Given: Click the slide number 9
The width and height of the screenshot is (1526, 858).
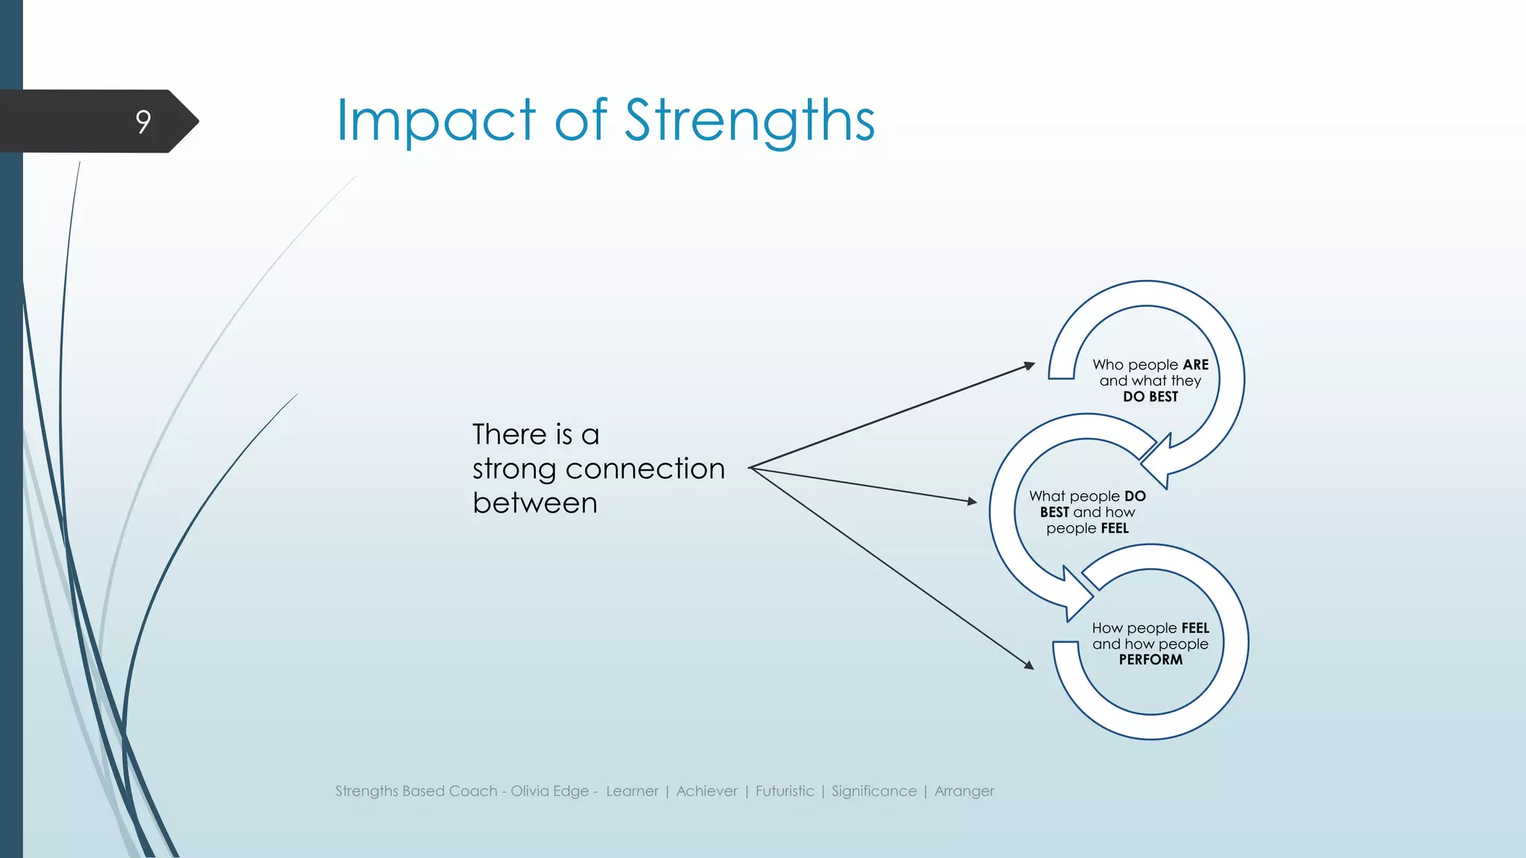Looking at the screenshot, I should (x=143, y=121).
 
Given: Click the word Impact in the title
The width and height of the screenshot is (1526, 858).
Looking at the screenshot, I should (x=435, y=121).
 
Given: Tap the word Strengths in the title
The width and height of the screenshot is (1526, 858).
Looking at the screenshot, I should (x=749, y=121).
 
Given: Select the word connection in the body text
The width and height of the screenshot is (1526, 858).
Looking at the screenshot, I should (x=645, y=468).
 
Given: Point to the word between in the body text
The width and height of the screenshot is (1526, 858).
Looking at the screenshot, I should (x=534, y=503).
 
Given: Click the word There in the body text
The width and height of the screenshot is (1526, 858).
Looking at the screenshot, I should (x=510, y=434).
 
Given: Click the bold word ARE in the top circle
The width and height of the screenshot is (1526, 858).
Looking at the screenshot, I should (x=1195, y=365).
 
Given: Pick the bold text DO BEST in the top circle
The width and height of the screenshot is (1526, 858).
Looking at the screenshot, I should (x=1150, y=397).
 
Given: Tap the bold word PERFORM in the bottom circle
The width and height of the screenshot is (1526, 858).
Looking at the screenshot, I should (x=1150, y=660).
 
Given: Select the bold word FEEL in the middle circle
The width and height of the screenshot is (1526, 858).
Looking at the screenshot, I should (x=1115, y=529).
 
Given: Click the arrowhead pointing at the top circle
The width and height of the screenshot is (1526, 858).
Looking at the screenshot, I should (x=1030, y=365).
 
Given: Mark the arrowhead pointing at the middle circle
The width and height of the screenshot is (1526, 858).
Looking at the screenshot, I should (x=972, y=502).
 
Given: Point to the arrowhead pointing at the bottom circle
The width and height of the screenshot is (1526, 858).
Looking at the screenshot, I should (x=1029, y=664).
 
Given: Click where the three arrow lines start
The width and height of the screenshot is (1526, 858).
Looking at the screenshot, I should (x=750, y=468).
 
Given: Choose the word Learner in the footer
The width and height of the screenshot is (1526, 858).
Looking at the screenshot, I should (x=632, y=791).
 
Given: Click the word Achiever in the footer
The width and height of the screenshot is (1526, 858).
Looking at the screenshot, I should (x=706, y=791).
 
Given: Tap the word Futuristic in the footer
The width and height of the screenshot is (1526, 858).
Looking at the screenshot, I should (x=785, y=791).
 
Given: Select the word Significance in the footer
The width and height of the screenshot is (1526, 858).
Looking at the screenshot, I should (x=874, y=791).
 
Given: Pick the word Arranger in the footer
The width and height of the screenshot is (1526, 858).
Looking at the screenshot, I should (x=964, y=791).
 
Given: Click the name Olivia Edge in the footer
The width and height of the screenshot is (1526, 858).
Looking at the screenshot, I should (x=549, y=791).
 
